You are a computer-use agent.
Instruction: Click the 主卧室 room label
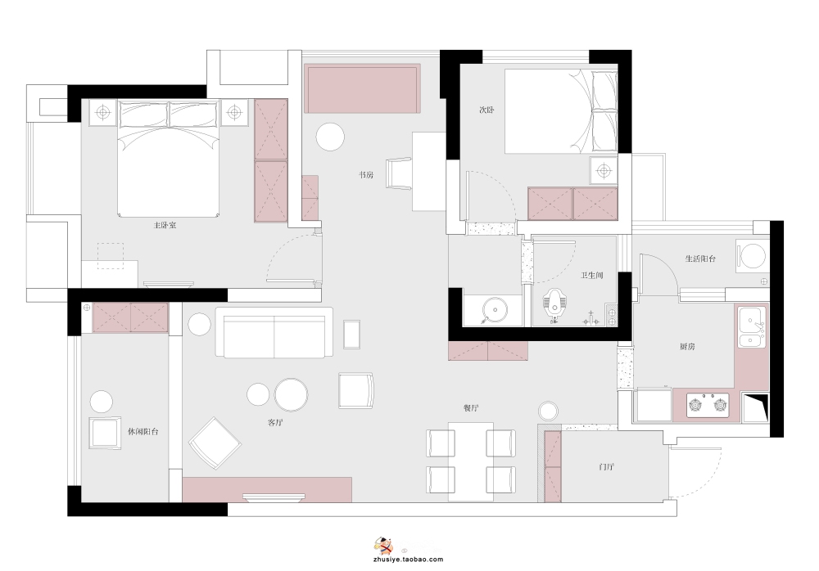tap(165, 226)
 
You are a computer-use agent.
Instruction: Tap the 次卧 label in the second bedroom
tap(486, 110)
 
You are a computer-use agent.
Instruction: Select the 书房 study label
tap(366, 175)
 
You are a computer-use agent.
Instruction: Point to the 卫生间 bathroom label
tap(592, 275)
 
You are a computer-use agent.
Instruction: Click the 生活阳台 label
tap(700, 259)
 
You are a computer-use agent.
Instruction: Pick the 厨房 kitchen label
tap(687, 346)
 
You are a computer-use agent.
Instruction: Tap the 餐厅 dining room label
tap(471, 407)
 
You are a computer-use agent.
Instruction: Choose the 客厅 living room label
tap(275, 422)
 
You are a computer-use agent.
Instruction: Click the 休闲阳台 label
tap(143, 432)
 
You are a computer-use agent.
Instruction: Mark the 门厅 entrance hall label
tap(606, 466)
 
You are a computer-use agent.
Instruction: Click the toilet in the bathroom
tap(554, 305)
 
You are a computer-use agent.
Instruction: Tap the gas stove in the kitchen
tap(708, 404)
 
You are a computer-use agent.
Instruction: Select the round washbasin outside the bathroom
tap(494, 310)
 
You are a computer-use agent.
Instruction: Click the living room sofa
tap(274, 332)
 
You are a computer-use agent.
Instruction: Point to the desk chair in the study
tap(399, 173)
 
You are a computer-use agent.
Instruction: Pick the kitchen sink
tap(752, 327)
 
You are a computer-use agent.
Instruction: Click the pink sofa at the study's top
tap(363, 88)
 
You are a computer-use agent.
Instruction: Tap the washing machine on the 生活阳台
tap(752, 256)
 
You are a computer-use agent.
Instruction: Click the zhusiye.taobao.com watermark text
tap(409, 559)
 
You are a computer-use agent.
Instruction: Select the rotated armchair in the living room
tap(215, 443)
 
